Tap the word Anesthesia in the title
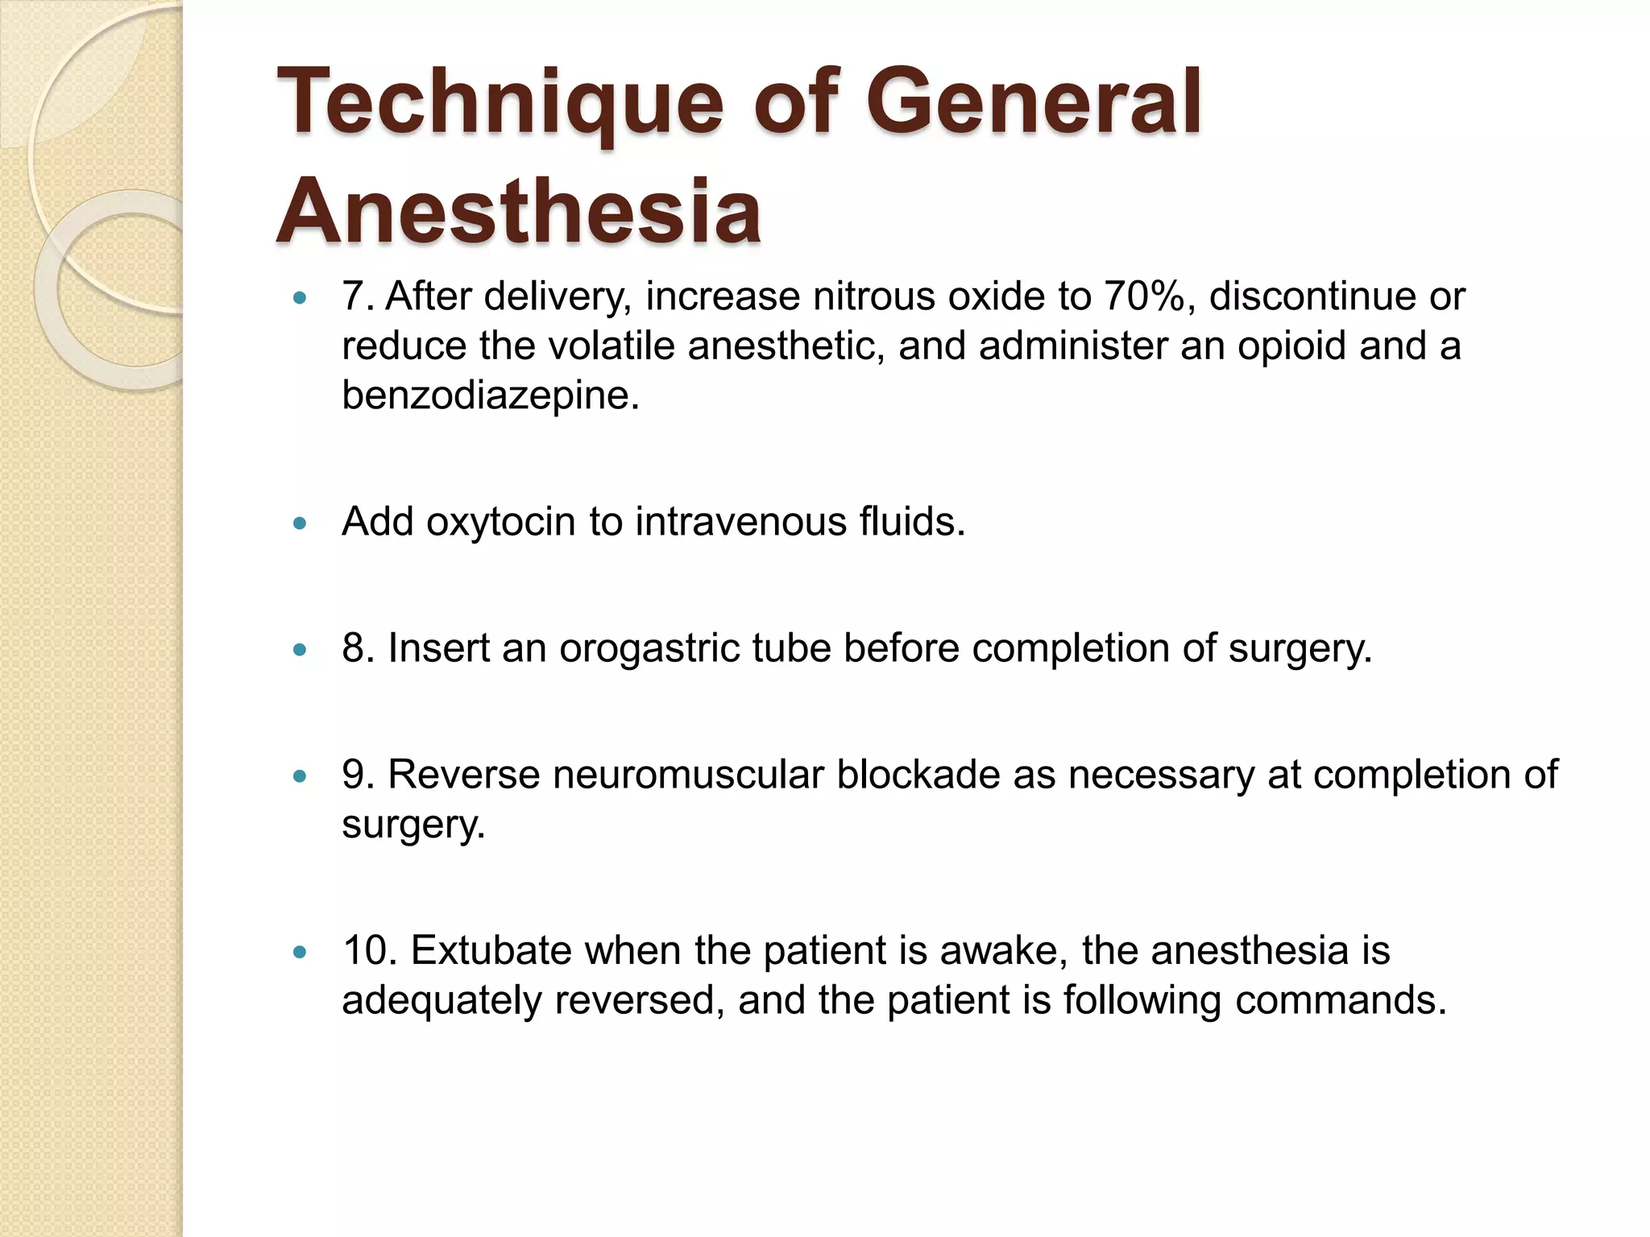click(x=519, y=211)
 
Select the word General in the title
click(x=1033, y=103)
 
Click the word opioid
click(x=1291, y=346)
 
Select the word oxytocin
click(x=500, y=522)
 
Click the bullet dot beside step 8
click(x=301, y=650)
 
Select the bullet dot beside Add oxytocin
click(x=301, y=523)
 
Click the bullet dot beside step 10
click(x=301, y=953)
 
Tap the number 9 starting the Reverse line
click(x=353, y=775)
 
